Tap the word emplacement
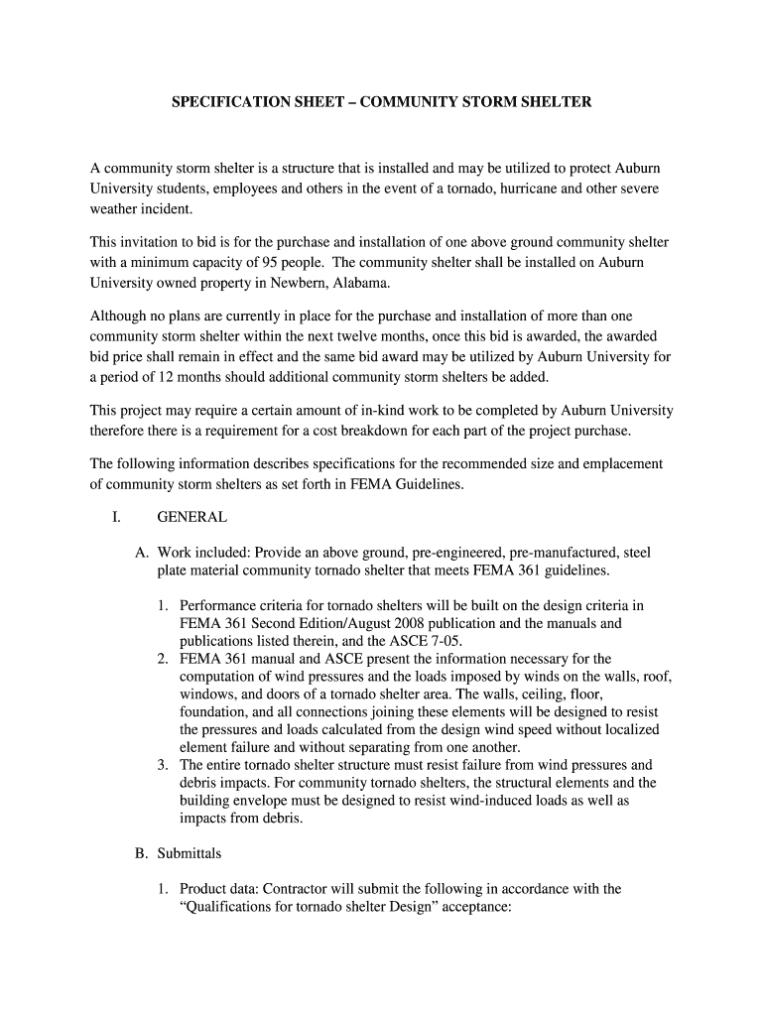pyautogui.click(x=615, y=463)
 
